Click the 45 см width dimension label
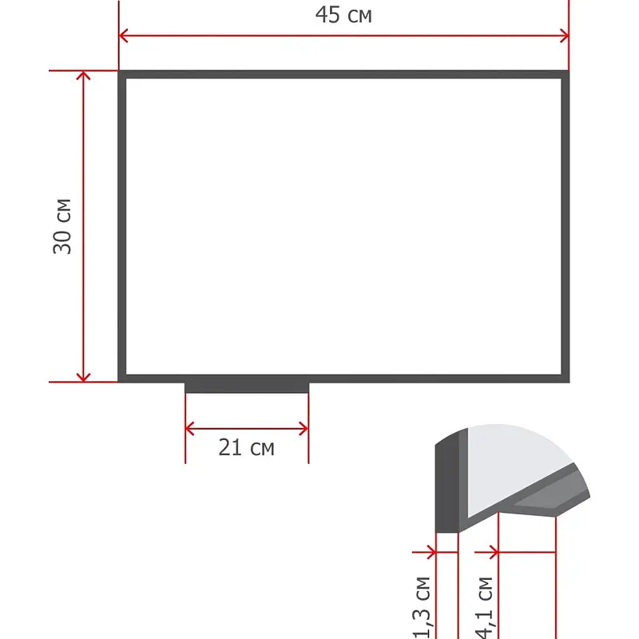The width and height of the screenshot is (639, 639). point(343,15)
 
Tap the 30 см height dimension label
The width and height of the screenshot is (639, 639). point(62,227)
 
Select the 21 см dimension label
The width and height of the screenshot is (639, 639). point(246,447)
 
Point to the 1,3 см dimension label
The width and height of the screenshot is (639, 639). point(422,607)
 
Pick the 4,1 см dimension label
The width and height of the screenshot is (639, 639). point(485,607)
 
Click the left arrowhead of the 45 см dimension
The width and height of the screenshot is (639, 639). point(123,35)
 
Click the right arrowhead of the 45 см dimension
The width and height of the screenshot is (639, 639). point(565,35)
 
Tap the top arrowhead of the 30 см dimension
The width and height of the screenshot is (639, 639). point(83,75)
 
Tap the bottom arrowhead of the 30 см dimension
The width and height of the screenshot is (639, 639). point(83,378)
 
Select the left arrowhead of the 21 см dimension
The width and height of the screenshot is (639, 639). point(189,429)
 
